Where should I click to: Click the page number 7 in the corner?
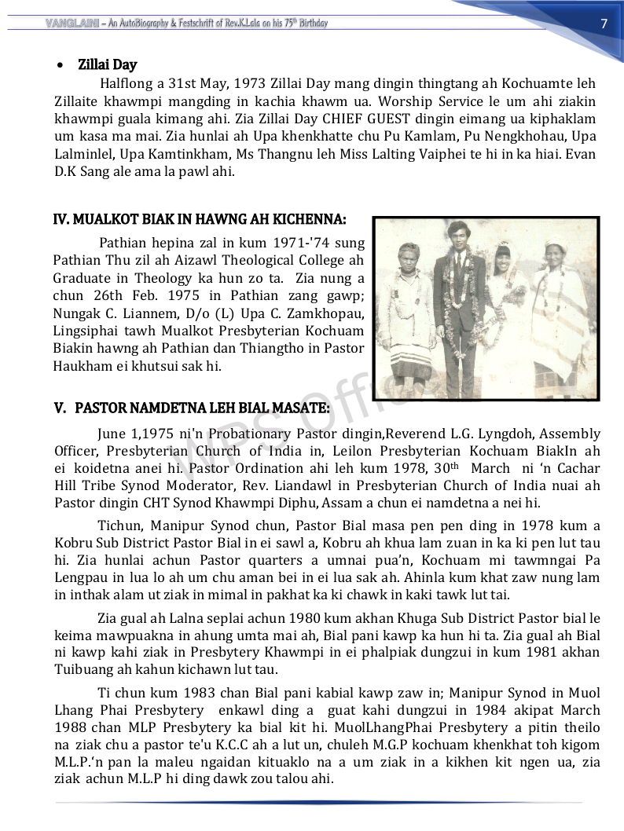click(604, 23)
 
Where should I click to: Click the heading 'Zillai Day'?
click(107, 64)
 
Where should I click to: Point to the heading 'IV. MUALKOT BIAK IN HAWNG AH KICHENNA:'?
click(199, 219)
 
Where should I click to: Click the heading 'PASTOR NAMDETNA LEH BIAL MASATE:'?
click(202, 408)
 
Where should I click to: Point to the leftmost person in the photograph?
click(409, 314)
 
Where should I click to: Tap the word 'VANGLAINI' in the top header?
click(72, 24)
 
